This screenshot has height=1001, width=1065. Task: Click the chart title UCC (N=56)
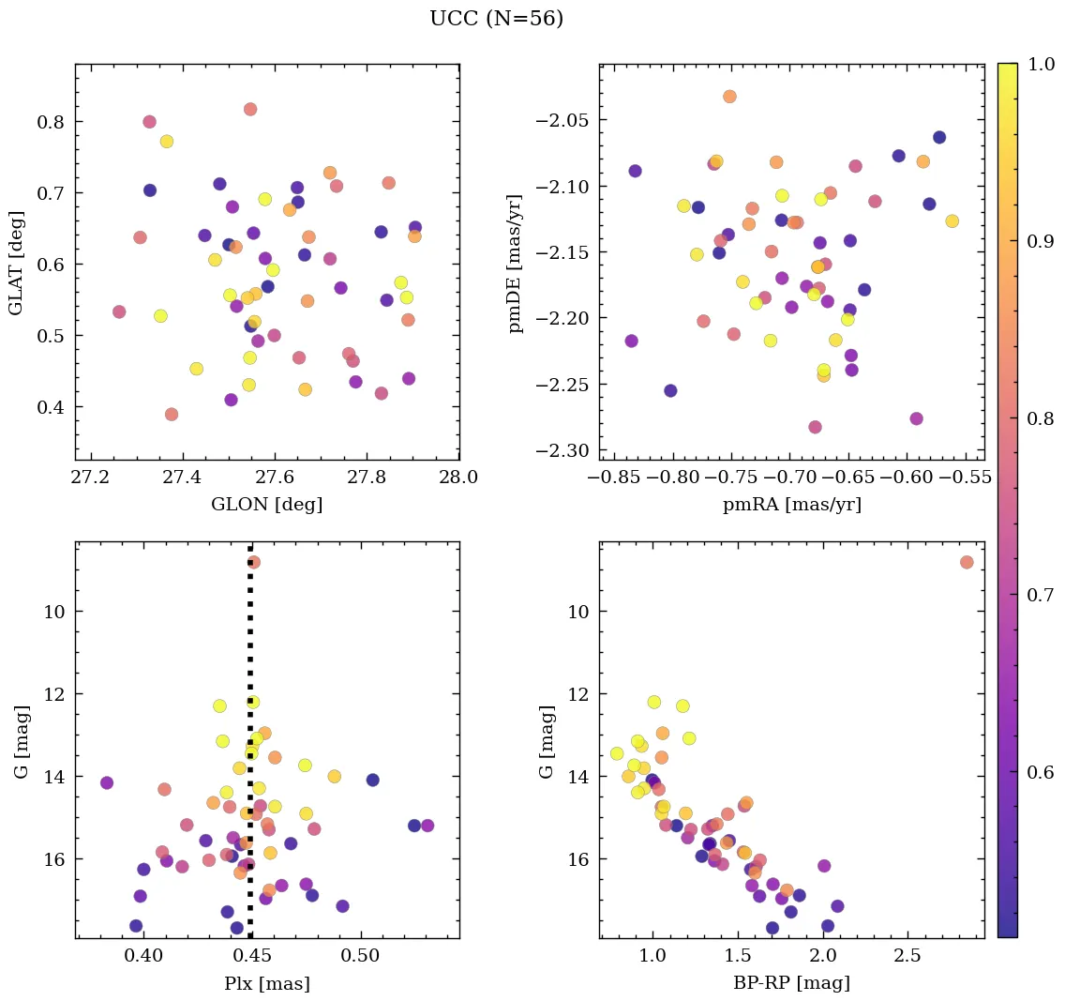click(x=496, y=19)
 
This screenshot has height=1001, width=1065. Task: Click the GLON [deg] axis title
click(x=267, y=505)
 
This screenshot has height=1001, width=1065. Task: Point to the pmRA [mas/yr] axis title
click(x=791, y=505)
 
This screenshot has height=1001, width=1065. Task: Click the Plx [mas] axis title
click(x=267, y=984)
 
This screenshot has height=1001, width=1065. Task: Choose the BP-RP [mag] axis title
click(x=791, y=984)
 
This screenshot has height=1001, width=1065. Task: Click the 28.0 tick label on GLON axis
click(x=458, y=478)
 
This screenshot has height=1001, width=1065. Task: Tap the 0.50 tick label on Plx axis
click(x=361, y=957)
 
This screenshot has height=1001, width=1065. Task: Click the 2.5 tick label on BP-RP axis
click(x=908, y=957)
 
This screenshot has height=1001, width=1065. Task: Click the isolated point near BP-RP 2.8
click(x=967, y=562)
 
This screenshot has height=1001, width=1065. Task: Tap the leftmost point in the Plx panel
click(x=107, y=782)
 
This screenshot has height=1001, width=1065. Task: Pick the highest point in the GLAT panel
click(x=250, y=109)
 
